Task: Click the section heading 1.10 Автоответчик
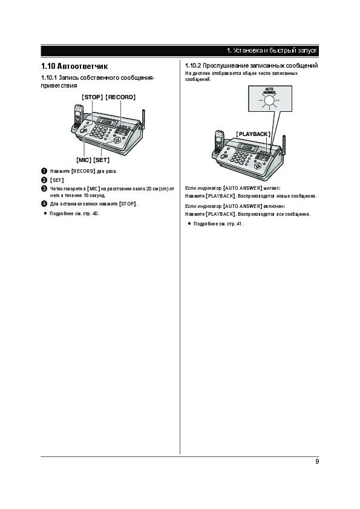(74, 66)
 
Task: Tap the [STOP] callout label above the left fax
(93, 97)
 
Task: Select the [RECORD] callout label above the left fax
(120, 97)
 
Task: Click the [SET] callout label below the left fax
(102, 160)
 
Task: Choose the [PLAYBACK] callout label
(253, 134)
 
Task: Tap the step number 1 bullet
(44, 171)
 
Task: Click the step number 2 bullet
(44, 180)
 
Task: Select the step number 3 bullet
(44, 189)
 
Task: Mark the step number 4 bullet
(44, 204)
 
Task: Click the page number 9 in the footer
(317, 461)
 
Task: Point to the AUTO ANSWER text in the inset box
(269, 91)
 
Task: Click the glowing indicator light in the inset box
(269, 100)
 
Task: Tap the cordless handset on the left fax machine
(78, 116)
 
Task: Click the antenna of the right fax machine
(284, 145)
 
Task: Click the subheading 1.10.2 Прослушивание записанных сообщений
(252, 65)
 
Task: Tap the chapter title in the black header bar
(272, 51)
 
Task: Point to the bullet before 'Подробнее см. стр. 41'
(189, 224)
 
